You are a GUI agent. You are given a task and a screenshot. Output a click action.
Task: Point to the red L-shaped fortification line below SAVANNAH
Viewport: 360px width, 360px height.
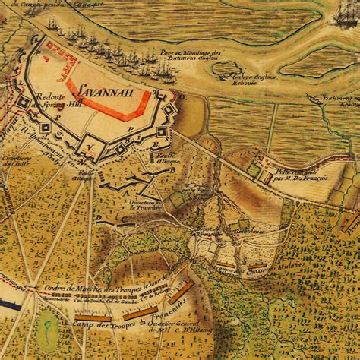pos(106,107)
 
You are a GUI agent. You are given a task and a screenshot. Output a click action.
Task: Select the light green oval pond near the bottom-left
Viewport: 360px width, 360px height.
pos(47,341)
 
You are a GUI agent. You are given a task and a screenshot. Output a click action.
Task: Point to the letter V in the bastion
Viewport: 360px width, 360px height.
pos(89,147)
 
